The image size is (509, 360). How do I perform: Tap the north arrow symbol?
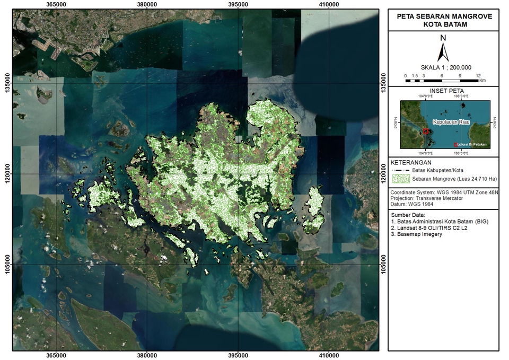(443, 50)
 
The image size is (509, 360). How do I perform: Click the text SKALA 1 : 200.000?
(443, 68)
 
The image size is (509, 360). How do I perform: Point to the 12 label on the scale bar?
(478, 76)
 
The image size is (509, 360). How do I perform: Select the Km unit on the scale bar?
(482, 81)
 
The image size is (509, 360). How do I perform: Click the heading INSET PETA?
(443, 91)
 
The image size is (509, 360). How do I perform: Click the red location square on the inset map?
(425, 131)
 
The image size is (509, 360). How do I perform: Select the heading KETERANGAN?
(411, 162)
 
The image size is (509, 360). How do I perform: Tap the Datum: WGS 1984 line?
(414, 204)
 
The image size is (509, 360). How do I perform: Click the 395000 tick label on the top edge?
(238, 4)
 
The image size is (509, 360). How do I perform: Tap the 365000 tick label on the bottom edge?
(56, 356)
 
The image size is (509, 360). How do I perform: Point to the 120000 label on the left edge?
(7, 174)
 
